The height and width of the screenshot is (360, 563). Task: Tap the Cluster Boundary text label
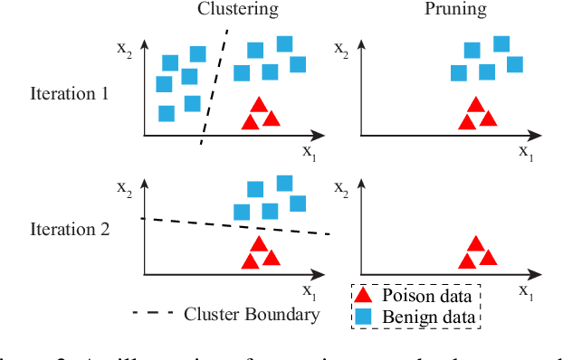[x=252, y=315]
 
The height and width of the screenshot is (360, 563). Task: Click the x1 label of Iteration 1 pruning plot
[x=526, y=152]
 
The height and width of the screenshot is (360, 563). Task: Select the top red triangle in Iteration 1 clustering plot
[x=259, y=105]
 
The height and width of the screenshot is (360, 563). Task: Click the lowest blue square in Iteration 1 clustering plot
[x=167, y=114]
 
